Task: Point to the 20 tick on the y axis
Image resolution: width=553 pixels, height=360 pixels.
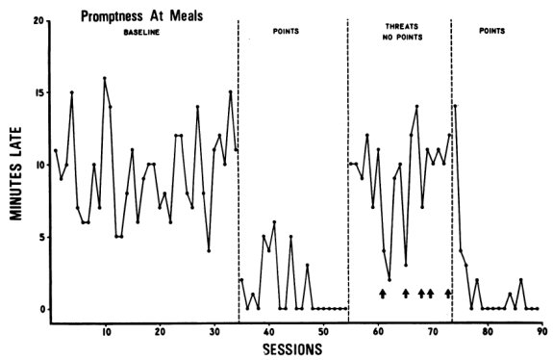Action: click(x=38, y=20)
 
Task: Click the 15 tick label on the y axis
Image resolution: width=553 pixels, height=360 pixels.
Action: click(x=38, y=92)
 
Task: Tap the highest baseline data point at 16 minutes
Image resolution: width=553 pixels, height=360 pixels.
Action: click(x=105, y=78)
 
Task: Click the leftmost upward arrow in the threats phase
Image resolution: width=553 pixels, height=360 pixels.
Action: click(x=383, y=293)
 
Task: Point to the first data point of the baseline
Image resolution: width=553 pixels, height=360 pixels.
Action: click(x=56, y=150)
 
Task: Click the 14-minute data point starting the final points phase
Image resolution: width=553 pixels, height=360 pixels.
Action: click(x=454, y=105)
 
